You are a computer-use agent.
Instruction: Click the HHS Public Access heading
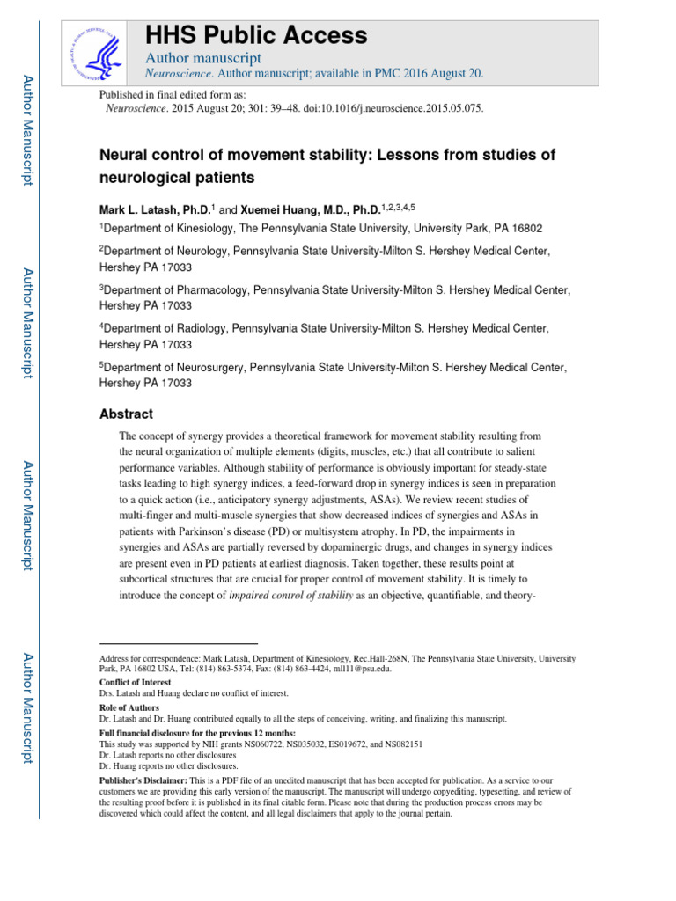(256, 35)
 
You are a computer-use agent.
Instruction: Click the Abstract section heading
(126, 414)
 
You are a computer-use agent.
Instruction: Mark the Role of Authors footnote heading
(129, 707)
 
